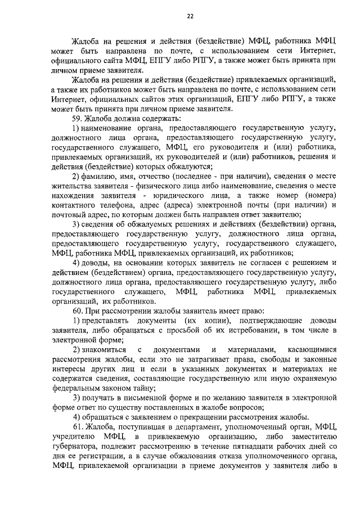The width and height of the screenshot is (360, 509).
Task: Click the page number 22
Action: pyautogui.click(x=190, y=16)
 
